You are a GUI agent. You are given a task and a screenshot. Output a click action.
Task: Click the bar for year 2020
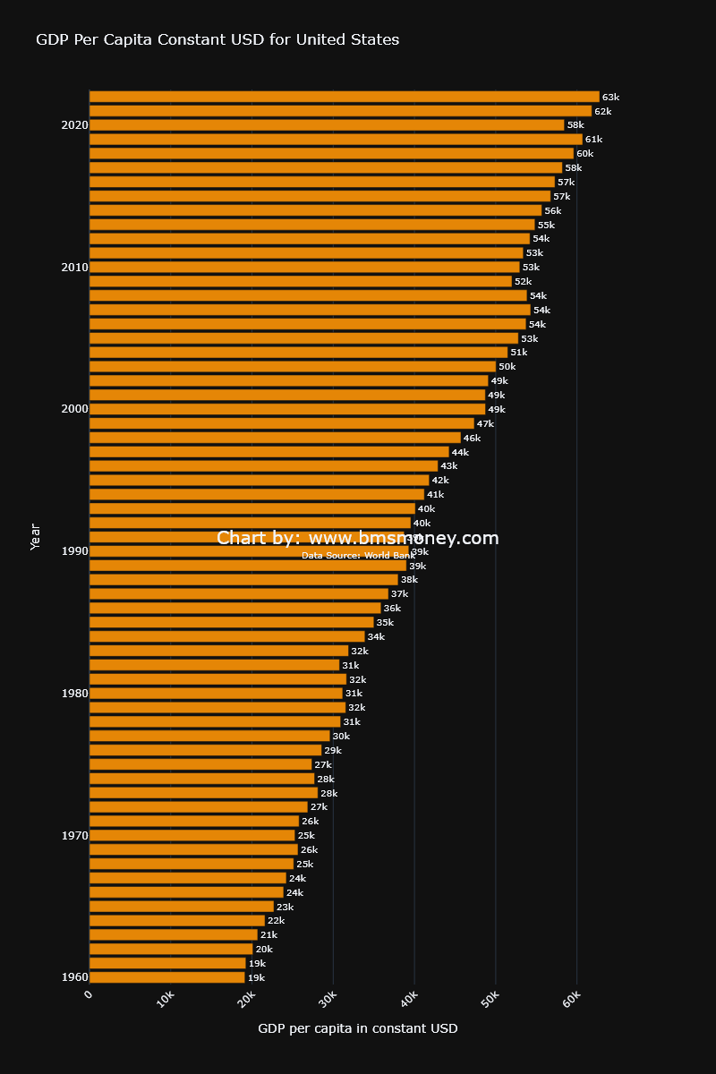[x=327, y=125]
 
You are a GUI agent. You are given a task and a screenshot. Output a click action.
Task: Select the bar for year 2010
[x=304, y=267]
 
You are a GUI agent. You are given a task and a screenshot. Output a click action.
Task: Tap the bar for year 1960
[x=167, y=977]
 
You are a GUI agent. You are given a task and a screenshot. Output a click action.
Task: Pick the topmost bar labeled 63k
[x=345, y=97]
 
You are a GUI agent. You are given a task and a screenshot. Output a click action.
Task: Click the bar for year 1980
[x=216, y=694]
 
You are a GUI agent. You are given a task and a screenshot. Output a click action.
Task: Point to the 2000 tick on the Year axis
[x=75, y=409]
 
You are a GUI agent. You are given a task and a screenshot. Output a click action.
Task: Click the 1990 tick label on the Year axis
[x=75, y=551]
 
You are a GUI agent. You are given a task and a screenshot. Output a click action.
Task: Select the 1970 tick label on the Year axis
[x=75, y=836]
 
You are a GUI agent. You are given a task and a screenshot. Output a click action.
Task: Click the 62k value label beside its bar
[x=603, y=111]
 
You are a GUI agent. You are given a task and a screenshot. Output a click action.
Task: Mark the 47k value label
[x=485, y=423]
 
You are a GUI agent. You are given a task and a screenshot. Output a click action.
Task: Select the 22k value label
[x=276, y=921]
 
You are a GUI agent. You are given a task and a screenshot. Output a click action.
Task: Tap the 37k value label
[x=399, y=594]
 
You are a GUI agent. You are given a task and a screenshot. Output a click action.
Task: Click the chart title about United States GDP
[x=217, y=39]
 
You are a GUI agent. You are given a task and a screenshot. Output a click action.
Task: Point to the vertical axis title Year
[x=36, y=536]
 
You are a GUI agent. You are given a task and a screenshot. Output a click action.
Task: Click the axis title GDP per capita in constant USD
[x=358, y=1028]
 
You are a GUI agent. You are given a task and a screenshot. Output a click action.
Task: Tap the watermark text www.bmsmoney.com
[x=403, y=538]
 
